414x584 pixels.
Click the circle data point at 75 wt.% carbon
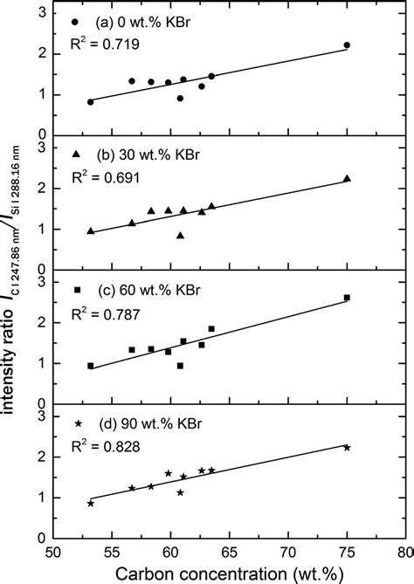point(347,45)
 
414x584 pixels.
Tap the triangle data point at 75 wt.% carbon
point(347,178)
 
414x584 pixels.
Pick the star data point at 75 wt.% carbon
point(347,447)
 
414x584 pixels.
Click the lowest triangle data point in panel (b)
point(180,235)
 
